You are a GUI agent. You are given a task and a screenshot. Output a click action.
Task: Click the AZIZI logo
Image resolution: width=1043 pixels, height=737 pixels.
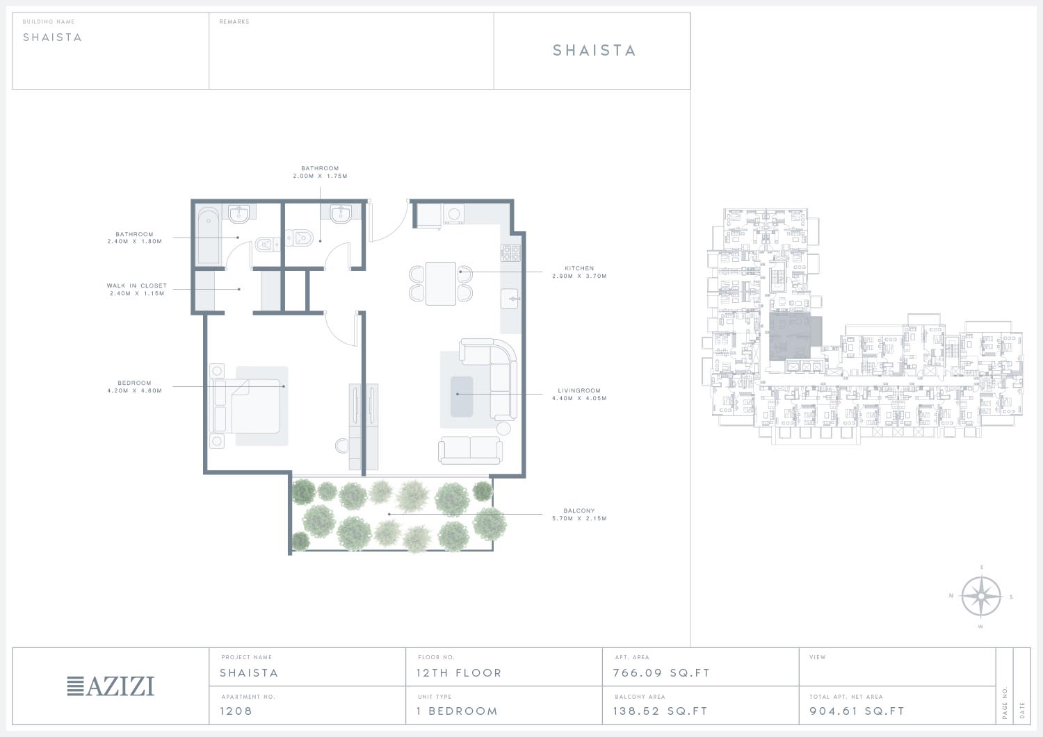click(x=111, y=686)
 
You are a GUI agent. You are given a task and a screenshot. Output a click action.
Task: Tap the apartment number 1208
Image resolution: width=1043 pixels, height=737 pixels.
click(x=236, y=711)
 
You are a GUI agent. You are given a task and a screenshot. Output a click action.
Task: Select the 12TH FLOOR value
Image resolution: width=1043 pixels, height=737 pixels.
click(x=459, y=673)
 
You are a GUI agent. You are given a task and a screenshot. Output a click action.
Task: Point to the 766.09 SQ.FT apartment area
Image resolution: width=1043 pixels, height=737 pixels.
click(x=661, y=673)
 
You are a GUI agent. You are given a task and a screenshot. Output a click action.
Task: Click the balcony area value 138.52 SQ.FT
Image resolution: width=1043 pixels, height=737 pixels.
click(x=661, y=711)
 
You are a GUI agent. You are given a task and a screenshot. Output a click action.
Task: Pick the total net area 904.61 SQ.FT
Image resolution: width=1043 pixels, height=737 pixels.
click(x=857, y=711)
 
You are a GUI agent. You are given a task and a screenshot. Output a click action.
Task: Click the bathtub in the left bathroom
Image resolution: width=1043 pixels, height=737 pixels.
click(x=209, y=236)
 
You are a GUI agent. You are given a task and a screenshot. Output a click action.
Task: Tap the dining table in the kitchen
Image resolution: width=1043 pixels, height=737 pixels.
click(x=440, y=283)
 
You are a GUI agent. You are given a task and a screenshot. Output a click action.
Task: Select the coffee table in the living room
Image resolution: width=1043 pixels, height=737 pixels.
click(x=462, y=397)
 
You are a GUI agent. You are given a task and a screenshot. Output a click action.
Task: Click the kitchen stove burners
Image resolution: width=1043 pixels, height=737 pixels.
click(x=510, y=253)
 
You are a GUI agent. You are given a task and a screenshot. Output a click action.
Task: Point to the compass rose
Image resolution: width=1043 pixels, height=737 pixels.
click(x=981, y=596)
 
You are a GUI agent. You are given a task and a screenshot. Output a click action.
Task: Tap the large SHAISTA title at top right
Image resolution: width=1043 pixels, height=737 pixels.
click(x=594, y=50)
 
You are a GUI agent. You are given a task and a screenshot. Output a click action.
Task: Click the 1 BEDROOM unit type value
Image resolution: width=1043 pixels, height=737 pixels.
click(x=458, y=711)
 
